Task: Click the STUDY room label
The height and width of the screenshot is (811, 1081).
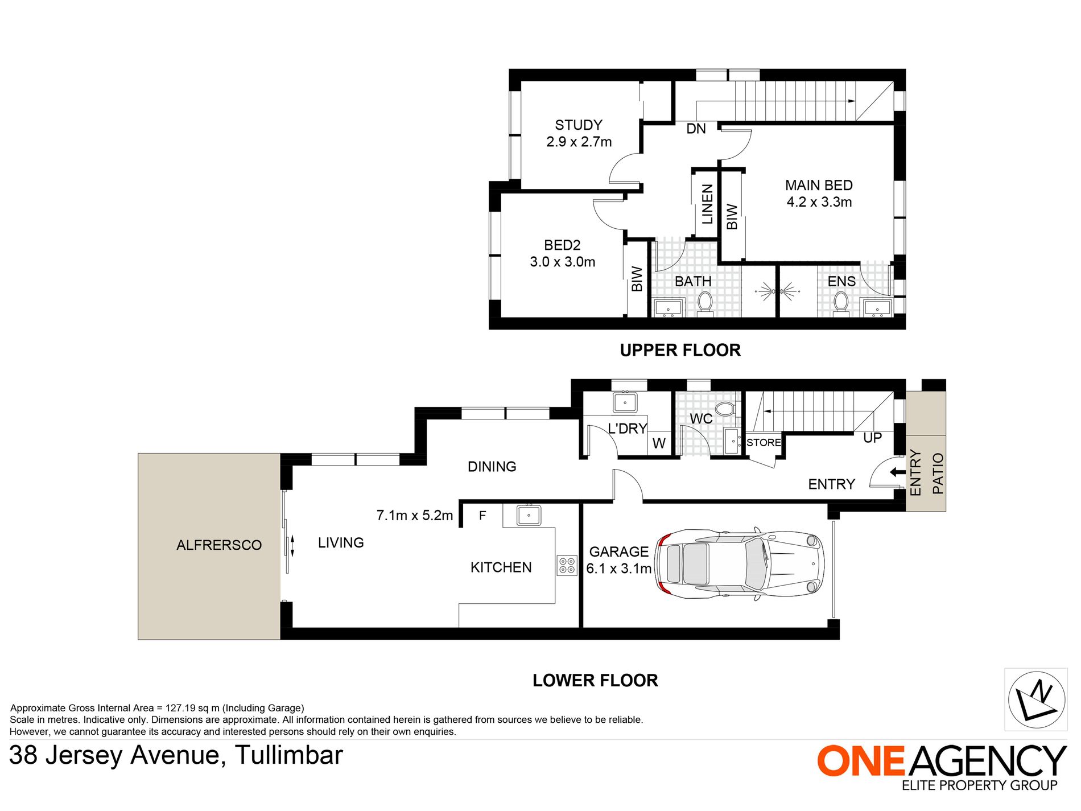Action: [x=579, y=125]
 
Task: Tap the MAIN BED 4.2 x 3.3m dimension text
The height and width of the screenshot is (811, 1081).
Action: [x=819, y=202]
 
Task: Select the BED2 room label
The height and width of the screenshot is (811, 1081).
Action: [x=562, y=245]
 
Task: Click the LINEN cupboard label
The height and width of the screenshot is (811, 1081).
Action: [x=707, y=204]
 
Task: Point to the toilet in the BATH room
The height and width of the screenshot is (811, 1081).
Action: [x=705, y=302]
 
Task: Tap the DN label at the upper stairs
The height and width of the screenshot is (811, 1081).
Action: [x=696, y=129]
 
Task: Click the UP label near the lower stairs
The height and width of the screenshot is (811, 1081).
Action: [x=872, y=438]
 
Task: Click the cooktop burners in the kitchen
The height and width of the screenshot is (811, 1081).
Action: [x=567, y=565]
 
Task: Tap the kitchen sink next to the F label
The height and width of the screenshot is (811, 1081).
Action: [x=529, y=515]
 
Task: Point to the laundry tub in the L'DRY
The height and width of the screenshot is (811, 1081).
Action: [x=625, y=402]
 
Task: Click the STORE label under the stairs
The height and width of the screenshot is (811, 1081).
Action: [x=764, y=443]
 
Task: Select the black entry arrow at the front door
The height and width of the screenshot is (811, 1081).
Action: [x=897, y=472]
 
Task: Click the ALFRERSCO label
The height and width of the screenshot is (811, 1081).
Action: [x=219, y=545]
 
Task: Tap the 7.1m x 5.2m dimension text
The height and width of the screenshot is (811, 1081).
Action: [x=414, y=516]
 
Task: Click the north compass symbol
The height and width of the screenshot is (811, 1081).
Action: [x=1035, y=699]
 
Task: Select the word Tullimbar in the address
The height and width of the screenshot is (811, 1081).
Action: [x=289, y=756]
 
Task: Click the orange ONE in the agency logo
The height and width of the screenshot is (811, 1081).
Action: [x=860, y=761]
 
